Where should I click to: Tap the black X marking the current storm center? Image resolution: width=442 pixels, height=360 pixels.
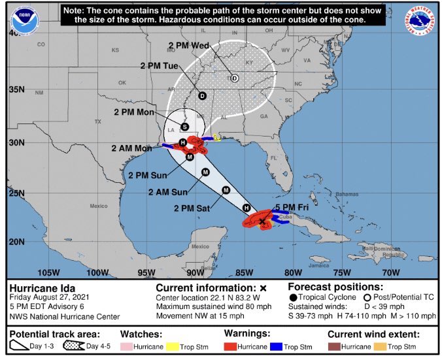tap(262, 222)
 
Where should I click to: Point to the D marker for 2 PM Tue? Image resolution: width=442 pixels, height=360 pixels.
tap(202, 96)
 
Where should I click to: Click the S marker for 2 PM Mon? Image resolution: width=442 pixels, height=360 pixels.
tap(184, 126)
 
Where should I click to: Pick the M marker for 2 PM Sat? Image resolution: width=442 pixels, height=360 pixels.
tap(226, 190)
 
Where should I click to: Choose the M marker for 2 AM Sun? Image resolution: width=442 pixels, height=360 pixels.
tap(205, 172)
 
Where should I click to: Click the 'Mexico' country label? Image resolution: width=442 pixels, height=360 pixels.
tap(98, 206)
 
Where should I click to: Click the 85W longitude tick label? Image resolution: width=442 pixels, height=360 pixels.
tap(244, 272)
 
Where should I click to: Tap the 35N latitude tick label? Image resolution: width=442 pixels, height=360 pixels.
tap(16, 89)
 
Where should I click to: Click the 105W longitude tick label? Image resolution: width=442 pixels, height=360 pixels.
tap(48, 272)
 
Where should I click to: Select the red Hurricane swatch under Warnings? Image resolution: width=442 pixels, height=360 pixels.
tap(233, 346)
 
